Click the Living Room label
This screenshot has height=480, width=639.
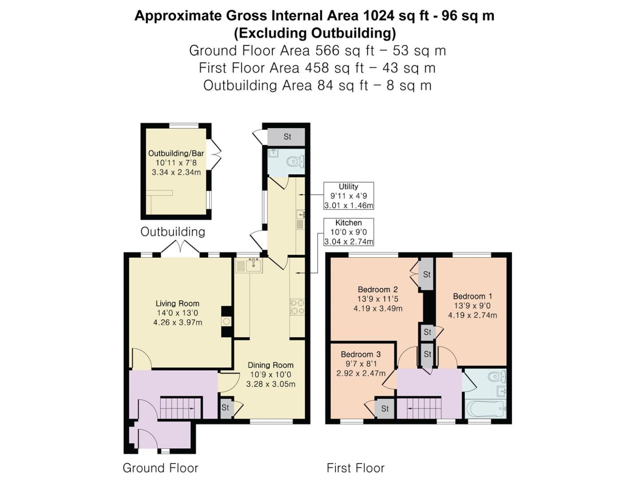coord(177,304)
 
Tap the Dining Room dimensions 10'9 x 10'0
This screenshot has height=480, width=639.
coord(271,374)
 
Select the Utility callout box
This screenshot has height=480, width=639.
coord(348,196)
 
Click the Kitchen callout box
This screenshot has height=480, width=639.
coord(348,232)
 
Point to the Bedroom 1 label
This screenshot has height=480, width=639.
coord(472,296)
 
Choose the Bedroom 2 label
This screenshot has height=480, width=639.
coord(377,289)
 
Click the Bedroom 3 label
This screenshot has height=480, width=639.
coord(361,354)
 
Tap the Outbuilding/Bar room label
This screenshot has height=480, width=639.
coord(176,153)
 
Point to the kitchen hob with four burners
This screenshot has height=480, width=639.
coord(297,307)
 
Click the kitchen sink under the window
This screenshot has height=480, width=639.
coord(250,265)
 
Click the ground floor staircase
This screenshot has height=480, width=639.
coord(180,407)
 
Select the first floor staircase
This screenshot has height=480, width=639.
coord(419,408)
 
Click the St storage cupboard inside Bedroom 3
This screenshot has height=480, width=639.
coord(385,409)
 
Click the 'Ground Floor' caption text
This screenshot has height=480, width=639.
coord(160,468)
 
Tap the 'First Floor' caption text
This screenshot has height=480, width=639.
coord(356,468)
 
